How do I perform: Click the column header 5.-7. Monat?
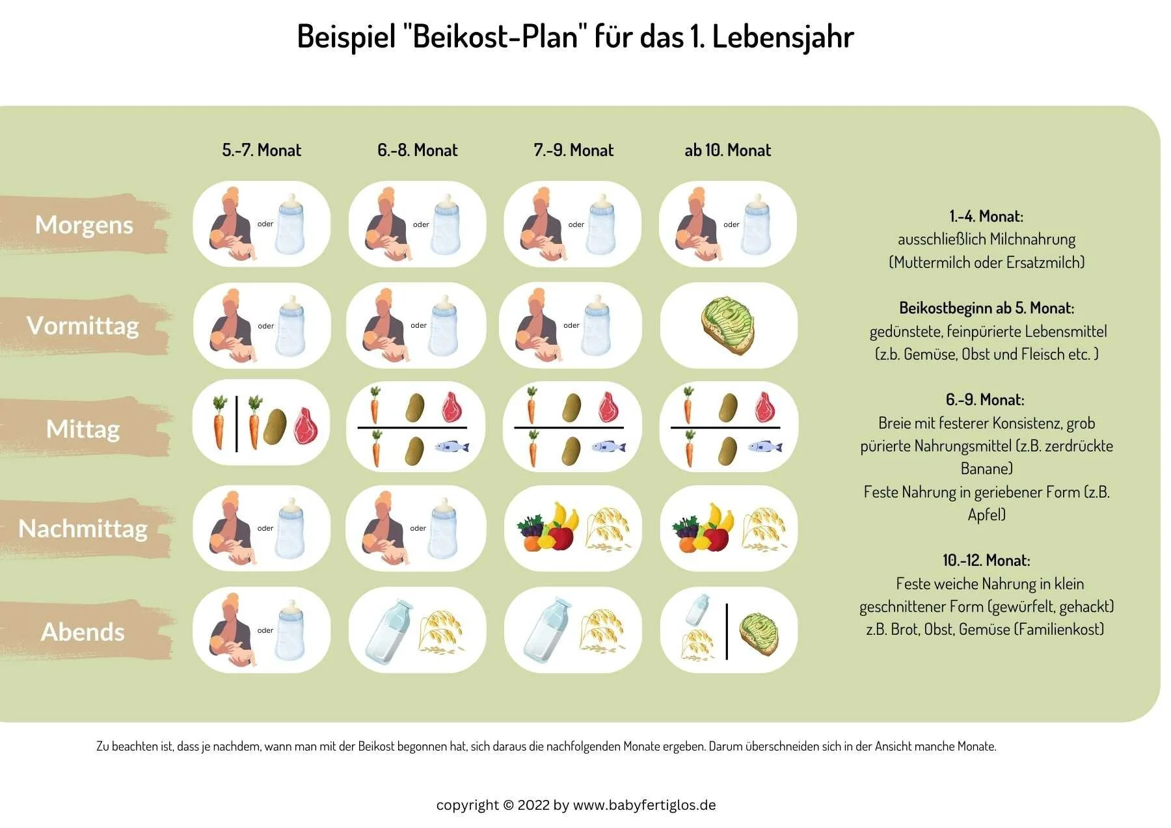click(262, 150)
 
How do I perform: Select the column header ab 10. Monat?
click(727, 150)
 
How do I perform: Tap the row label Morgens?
click(84, 224)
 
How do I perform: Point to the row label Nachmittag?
click(83, 529)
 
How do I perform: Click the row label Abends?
click(83, 632)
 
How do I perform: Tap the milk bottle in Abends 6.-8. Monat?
click(388, 631)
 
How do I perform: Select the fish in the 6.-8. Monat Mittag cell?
click(451, 447)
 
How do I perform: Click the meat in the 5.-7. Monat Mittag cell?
click(306, 425)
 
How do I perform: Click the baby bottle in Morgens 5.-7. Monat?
click(290, 224)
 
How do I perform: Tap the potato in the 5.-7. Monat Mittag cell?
click(275, 427)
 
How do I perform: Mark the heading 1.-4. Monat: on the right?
click(986, 216)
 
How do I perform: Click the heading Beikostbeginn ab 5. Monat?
click(986, 308)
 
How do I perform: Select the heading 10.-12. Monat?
click(986, 560)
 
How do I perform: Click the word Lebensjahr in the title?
click(783, 36)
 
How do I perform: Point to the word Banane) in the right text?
click(986, 468)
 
